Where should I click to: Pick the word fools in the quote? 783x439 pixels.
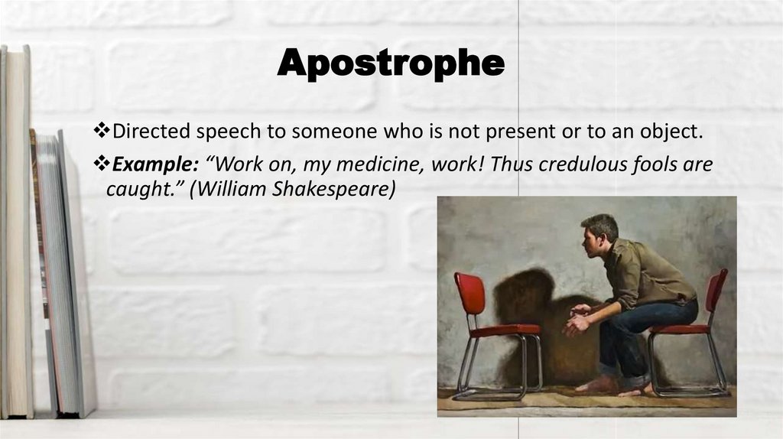(651, 165)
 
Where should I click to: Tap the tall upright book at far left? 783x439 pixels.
(17, 229)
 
